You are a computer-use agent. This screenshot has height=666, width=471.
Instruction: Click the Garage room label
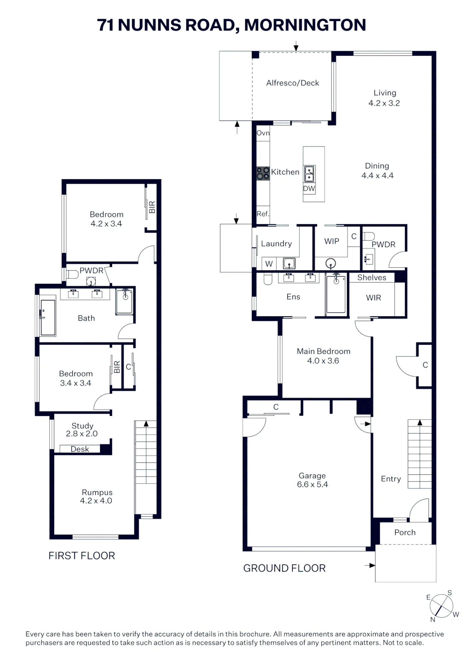pos(312,476)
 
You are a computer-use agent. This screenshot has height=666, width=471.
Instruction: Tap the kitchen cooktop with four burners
pos(263,173)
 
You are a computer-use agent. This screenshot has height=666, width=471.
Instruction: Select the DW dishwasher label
pos(309,188)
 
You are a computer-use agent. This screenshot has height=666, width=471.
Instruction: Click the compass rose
pos(441,605)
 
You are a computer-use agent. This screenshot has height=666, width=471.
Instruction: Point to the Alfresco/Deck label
pos(292,83)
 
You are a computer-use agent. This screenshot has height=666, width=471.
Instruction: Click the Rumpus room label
pos(97,492)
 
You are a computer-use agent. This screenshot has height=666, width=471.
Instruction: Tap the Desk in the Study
pos(80,449)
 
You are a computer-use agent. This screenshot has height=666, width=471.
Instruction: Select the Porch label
pos(405,532)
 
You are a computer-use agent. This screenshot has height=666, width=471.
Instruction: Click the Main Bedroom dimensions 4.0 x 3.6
pos(323,361)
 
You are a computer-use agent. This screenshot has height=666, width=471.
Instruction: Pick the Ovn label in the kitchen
pos(263,133)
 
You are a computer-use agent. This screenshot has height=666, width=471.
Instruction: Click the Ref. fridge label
pos(263,214)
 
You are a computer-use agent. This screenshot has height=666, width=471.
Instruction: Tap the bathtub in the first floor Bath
pos(48,318)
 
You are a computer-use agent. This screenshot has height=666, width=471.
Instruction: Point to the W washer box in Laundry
pos(269,264)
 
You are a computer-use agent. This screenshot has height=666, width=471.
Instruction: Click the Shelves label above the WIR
pos(372,277)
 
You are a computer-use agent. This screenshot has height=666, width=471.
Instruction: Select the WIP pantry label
pos(332,241)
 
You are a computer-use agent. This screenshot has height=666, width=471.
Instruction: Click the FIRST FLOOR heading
pos(82,555)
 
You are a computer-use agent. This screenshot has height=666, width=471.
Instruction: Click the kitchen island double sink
pos(309,174)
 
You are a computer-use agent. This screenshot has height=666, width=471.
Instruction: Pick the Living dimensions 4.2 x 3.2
pos(384,103)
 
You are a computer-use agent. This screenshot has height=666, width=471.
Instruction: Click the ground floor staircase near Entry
pos(419,454)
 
